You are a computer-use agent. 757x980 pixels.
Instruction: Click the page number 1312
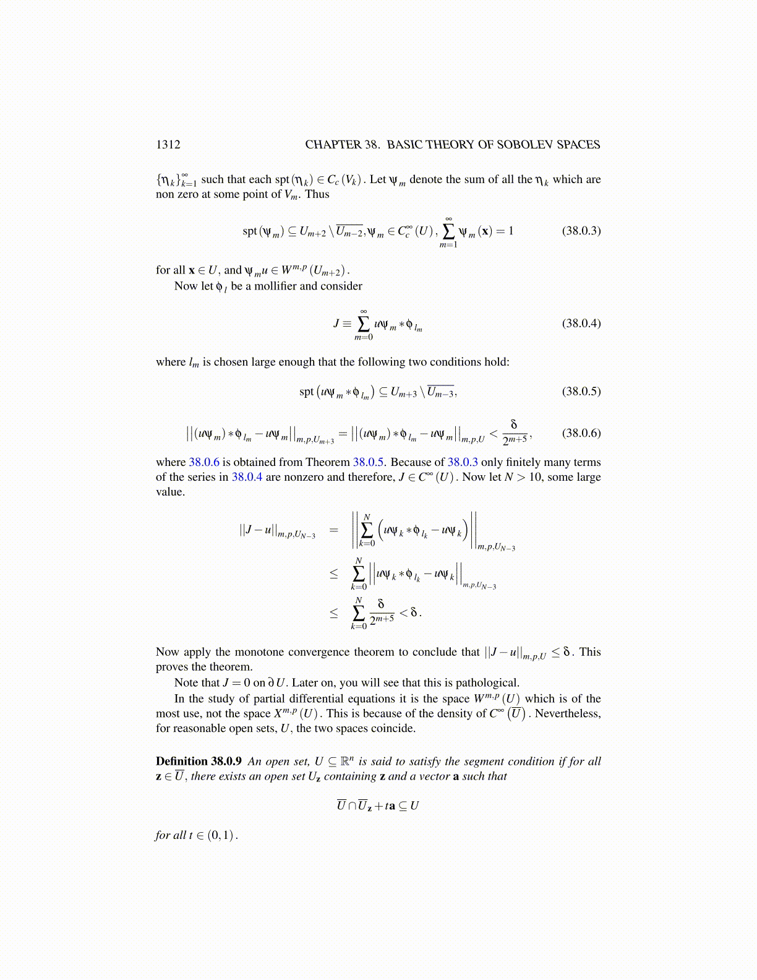pos(168,145)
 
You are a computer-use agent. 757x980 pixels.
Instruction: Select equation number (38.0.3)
pos(581,231)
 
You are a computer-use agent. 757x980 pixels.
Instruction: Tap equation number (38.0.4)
pos(581,323)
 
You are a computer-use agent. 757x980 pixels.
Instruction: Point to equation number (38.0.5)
pos(581,391)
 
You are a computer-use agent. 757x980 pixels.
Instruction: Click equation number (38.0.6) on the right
pos(581,433)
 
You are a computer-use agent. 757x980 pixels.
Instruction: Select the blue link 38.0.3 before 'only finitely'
pos(463,462)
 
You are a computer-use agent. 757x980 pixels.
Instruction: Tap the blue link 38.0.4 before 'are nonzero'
pos(247,477)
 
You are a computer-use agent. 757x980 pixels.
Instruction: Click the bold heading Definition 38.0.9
pos(199,762)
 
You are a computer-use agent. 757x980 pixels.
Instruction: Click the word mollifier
pos(276,286)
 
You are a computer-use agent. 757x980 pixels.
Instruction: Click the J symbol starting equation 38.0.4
pos(336,324)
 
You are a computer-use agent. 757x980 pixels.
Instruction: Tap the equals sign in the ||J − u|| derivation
pos(334,530)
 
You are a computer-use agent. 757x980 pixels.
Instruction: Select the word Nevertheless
pos(567,714)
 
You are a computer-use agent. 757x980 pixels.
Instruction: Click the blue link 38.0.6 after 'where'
pos(204,462)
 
